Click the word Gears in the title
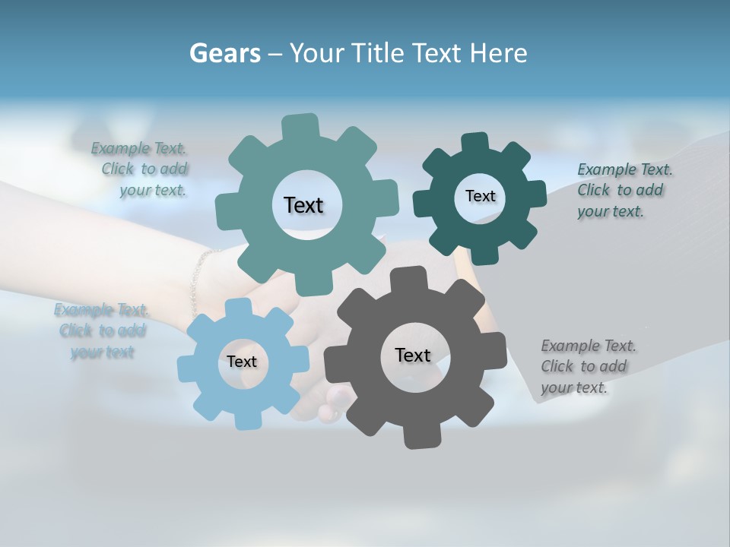point(224,53)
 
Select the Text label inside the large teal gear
point(303,205)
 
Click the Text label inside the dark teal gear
point(480,196)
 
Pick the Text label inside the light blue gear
point(242,362)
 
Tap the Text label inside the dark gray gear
point(413,355)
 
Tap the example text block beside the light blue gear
point(102,330)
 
